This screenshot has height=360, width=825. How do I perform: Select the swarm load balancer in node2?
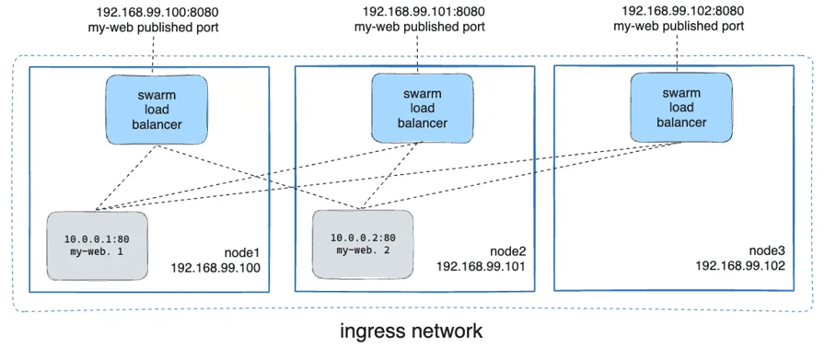(x=422, y=109)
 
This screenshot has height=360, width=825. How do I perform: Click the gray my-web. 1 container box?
(x=97, y=245)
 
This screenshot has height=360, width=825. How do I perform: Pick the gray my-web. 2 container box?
(x=362, y=244)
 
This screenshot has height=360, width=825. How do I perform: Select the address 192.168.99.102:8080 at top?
(x=681, y=11)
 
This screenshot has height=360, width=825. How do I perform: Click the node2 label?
(x=508, y=250)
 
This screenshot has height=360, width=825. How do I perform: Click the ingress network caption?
(x=411, y=330)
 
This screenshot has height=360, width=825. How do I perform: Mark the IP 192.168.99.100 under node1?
(x=216, y=268)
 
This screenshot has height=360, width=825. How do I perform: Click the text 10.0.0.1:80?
(x=97, y=238)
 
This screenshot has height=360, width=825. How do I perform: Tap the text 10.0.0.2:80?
(x=362, y=237)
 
